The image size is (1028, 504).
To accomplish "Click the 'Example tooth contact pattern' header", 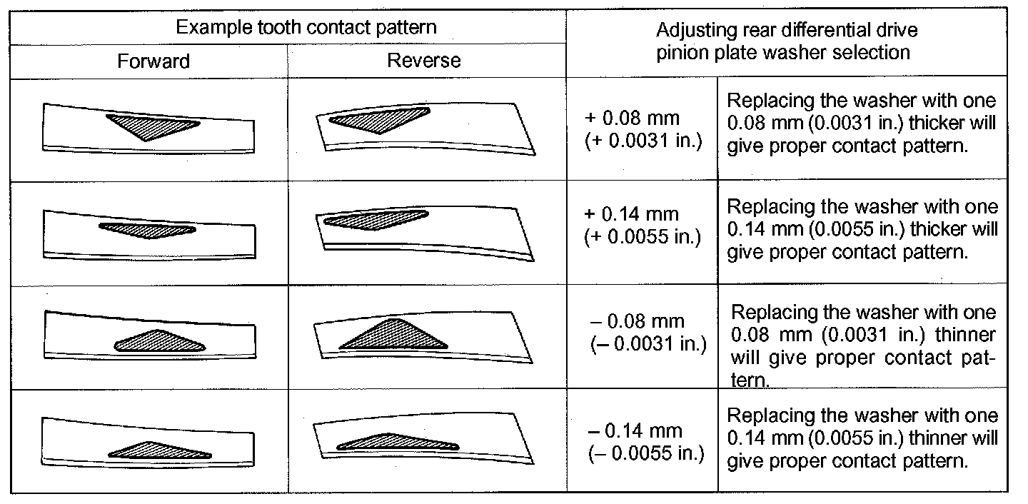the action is pos(306,28).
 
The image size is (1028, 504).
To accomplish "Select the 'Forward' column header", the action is pos(153,61).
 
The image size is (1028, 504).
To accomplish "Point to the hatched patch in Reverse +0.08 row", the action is pos(378,120).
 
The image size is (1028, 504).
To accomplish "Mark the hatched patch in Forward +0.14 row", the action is pos(147,230).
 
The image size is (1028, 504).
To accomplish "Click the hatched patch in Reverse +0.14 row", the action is pos(376,219).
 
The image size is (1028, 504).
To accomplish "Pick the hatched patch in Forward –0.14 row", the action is pos(159,450).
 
